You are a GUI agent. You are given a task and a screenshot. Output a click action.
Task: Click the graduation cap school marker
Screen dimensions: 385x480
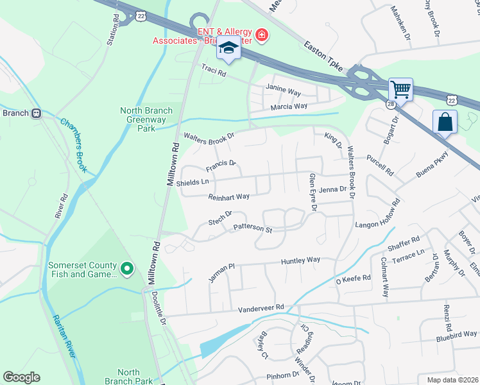click(x=228, y=49)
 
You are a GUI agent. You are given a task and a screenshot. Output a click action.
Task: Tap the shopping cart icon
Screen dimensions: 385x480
click(x=400, y=90)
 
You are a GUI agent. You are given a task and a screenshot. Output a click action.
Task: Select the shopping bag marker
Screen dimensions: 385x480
click(x=445, y=122)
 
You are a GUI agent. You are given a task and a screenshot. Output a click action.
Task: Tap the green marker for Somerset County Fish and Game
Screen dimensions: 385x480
click(x=127, y=268)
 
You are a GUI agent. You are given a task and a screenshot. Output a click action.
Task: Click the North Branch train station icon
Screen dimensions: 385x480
click(x=37, y=113)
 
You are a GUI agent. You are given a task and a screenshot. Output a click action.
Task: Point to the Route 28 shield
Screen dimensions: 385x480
click(x=391, y=103)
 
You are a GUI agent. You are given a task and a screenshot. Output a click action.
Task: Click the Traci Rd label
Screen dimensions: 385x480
click(x=214, y=71)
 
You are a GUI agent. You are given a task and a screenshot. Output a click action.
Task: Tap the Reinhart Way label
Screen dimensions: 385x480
click(x=228, y=197)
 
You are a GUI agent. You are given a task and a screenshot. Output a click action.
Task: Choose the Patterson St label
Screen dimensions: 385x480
click(x=253, y=227)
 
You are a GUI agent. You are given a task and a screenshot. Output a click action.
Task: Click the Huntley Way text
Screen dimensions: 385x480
click(x=300, y=261)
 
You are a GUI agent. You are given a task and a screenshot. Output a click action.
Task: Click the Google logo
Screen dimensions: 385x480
click(x=21, y=377)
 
